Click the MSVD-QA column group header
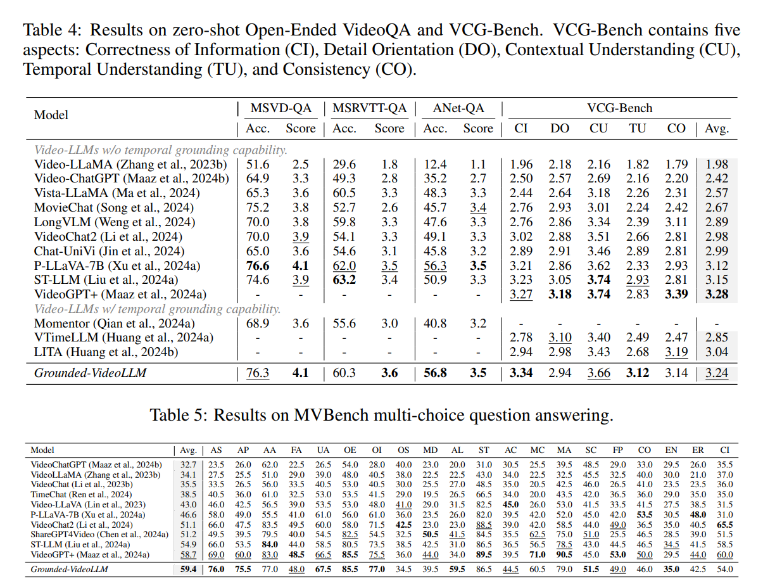[x=281, y=108]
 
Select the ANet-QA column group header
[x=458, y=108]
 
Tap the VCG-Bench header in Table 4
[x=620, y=108]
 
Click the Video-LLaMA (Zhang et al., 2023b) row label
[x=130, y=165]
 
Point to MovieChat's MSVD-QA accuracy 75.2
[x=257, y=207]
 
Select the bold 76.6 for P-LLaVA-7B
[x=257, y=265]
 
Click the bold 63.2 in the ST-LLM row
[x=344, y=279]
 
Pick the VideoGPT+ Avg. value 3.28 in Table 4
[x=717, y=294]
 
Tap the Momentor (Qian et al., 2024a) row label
[x=115, y=323]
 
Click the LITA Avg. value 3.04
[x=717, y=352]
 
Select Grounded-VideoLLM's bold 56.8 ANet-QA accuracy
[x=435, y=373]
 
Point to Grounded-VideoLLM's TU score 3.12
[x=637, y=373]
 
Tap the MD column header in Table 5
[x=430, y=450]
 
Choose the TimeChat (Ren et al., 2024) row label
[x=81, y=494]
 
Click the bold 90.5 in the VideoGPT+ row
[x=564, y=554]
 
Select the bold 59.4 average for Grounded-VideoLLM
[x=188, y=569]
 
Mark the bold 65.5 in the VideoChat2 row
[x=725, y=525]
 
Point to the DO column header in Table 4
[x=560, y=128]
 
